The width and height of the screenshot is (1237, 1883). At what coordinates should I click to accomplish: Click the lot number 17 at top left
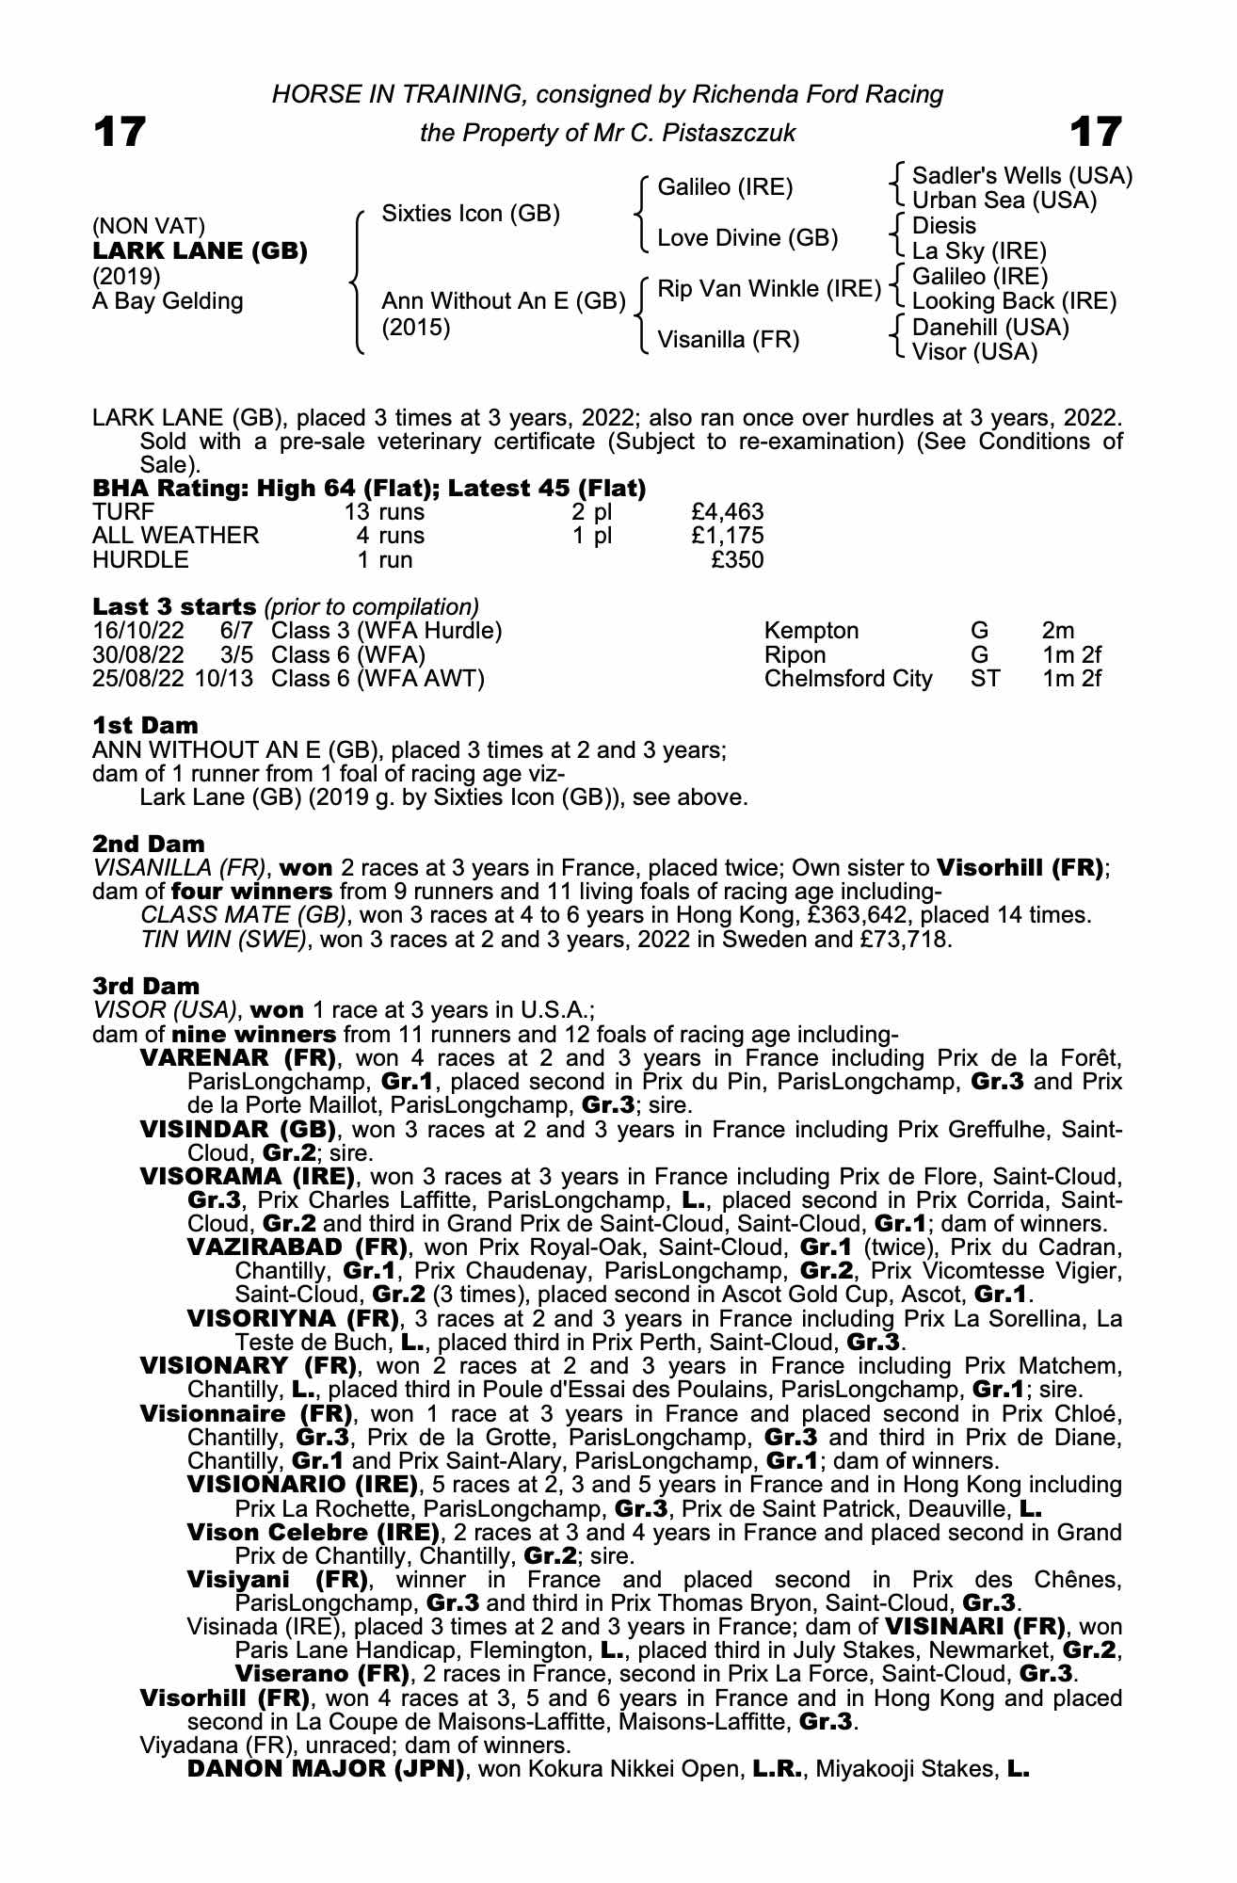coord(120,132)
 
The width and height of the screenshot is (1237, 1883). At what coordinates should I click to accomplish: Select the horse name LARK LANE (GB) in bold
coord(200,251)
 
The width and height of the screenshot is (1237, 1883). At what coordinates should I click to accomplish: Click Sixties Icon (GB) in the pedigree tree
coord(471,214)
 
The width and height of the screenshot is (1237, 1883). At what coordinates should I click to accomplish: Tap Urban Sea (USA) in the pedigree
coord(1004,201)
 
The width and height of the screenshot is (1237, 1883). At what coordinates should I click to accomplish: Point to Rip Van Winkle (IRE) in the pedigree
coord(768,289)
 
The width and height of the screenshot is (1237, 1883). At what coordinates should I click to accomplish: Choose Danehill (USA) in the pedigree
coord(990,328)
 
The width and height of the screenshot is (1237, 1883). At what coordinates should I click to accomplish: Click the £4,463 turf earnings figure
coord(726,512)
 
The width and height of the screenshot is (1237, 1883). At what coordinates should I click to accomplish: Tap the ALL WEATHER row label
coord(175,536)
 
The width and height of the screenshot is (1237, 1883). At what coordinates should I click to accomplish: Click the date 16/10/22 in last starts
coord(139,631)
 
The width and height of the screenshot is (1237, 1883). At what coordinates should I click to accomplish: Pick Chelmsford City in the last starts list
coord(848,679)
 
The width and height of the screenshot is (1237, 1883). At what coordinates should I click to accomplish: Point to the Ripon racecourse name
coord(795,655)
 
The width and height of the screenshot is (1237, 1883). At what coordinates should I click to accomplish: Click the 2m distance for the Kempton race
coord(1058,631)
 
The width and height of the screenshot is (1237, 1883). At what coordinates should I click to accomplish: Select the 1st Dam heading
coord(145,726)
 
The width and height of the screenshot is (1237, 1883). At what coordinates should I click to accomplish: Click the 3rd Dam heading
coord(146,986)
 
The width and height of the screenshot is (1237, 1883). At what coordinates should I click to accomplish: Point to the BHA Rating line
coord(369,489)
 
